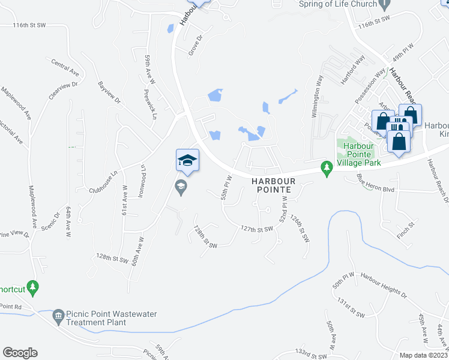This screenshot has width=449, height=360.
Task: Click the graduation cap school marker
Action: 187,161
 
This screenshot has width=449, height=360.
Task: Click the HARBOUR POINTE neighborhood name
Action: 271,185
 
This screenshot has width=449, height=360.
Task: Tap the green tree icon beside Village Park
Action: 327,169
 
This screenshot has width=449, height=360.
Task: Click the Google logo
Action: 20,353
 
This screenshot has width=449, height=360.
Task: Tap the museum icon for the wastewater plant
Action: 58,315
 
